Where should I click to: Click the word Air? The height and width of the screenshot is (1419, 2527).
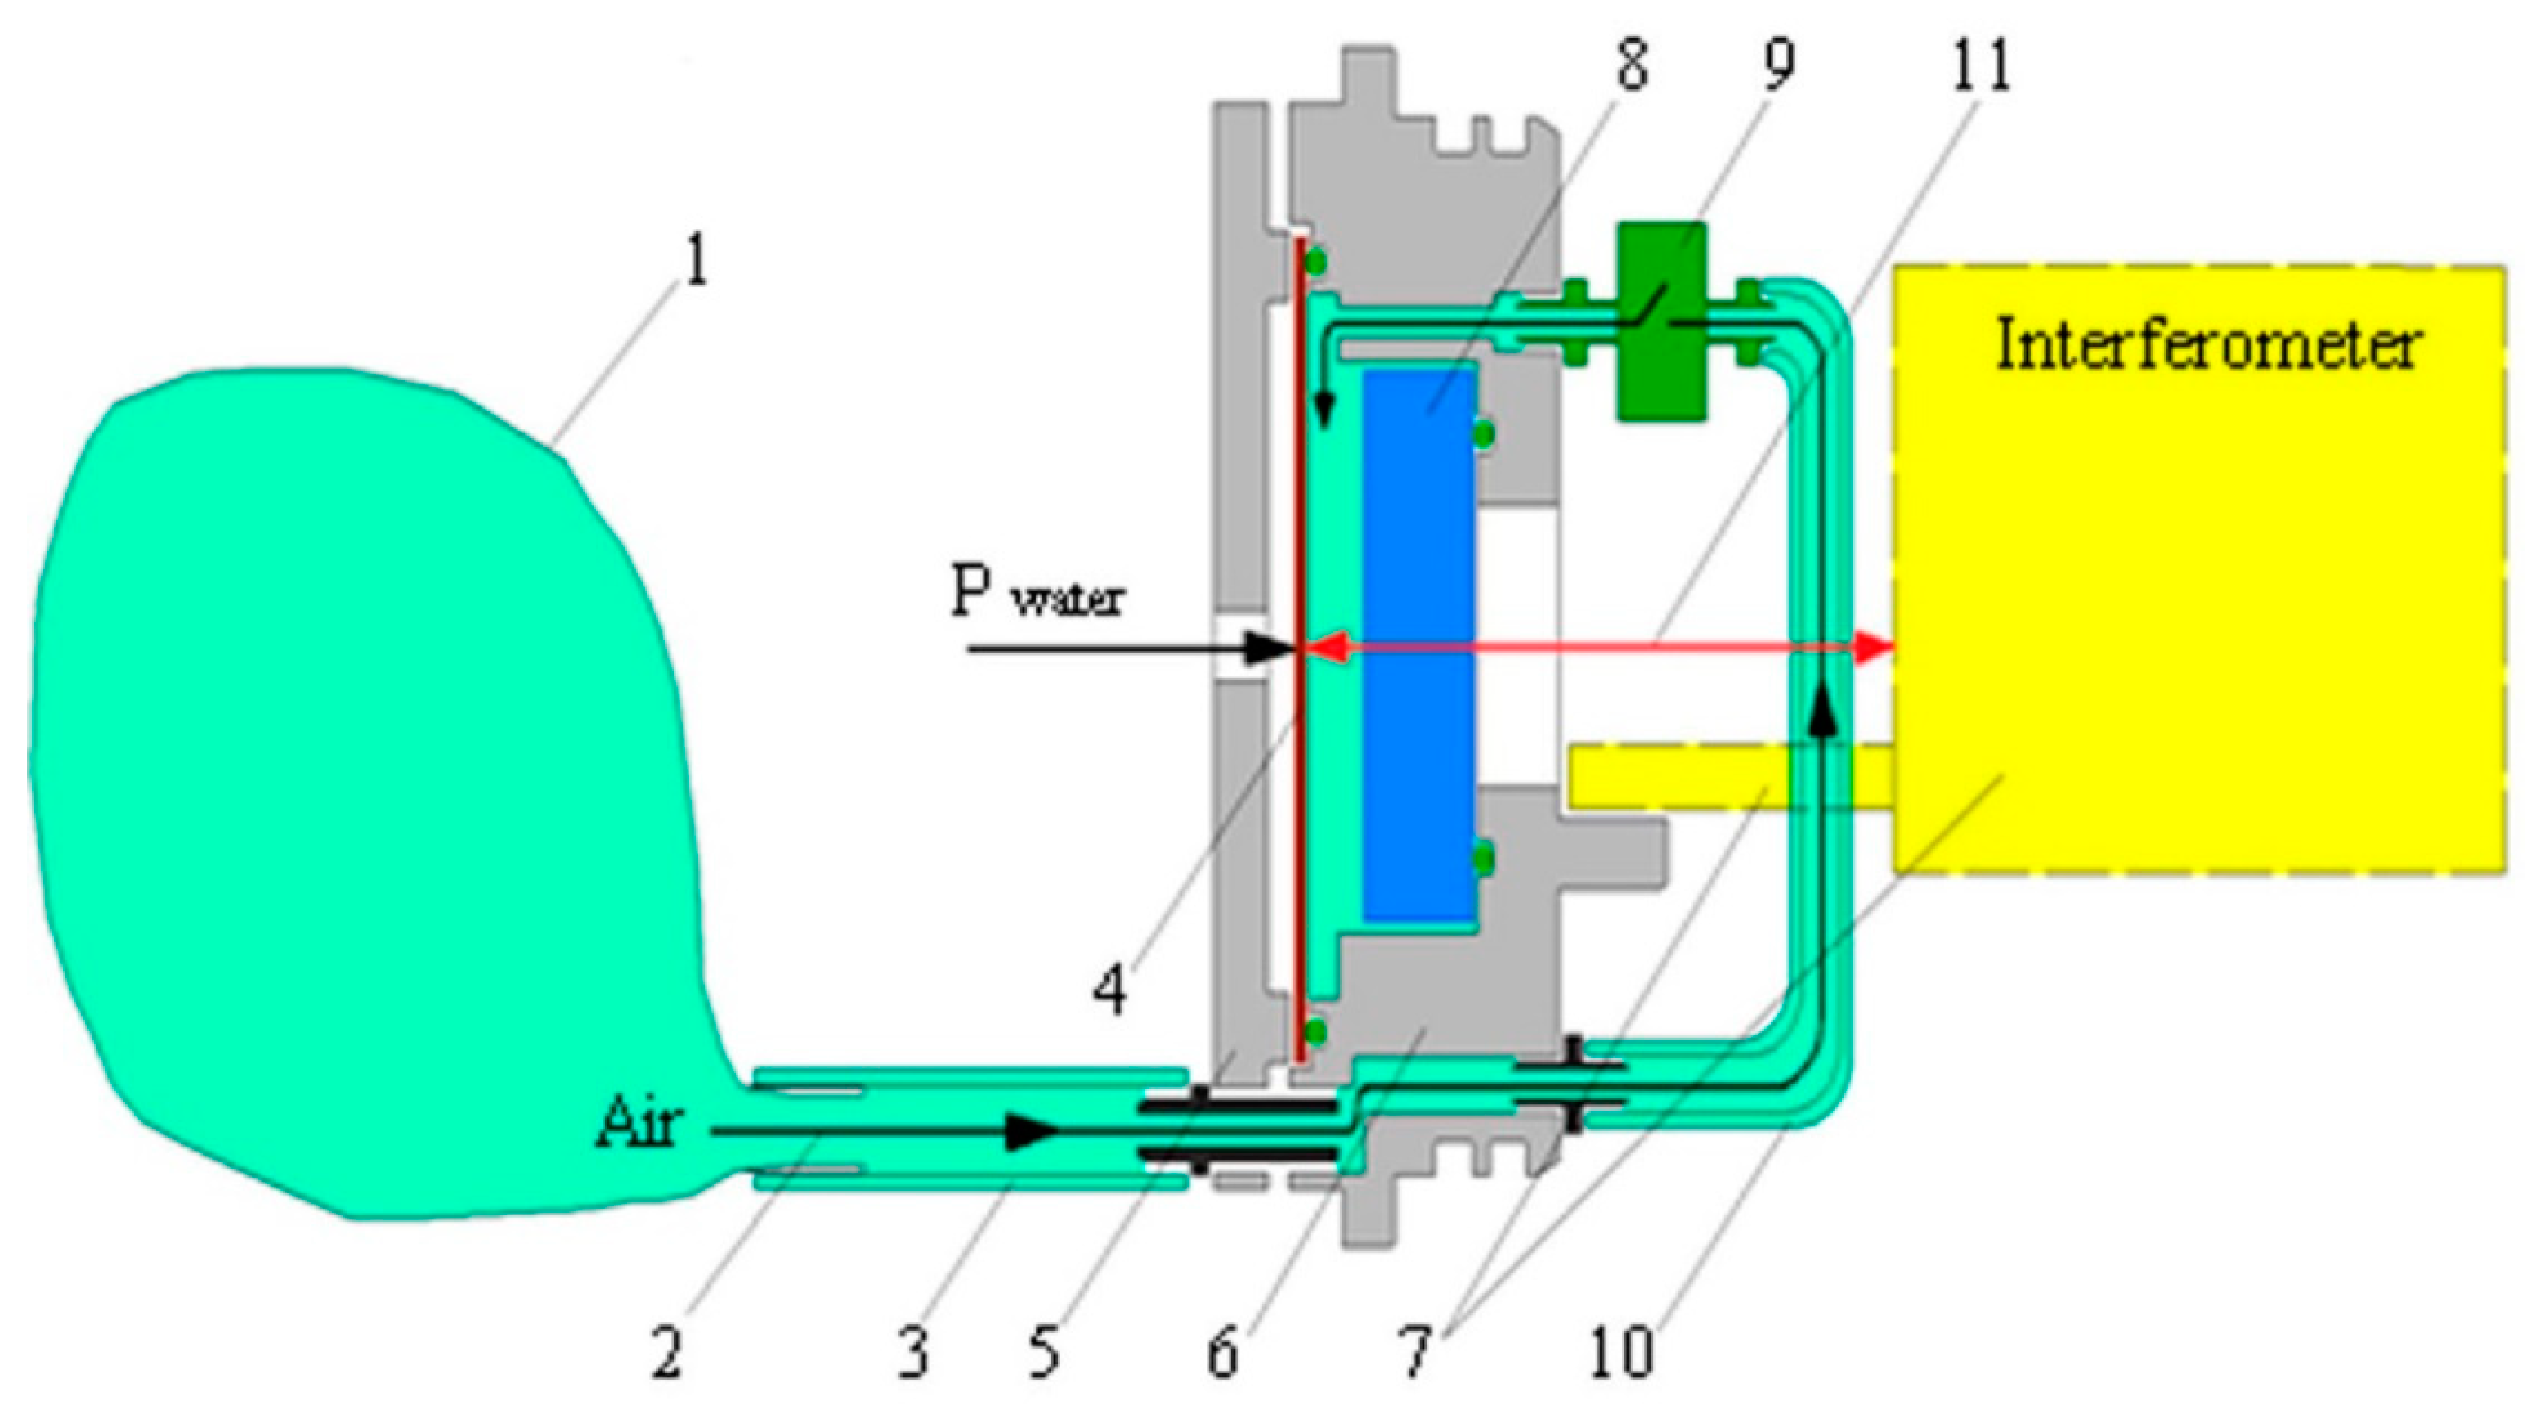[638, 1124]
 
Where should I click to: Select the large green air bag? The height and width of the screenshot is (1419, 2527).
[343, 785]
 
